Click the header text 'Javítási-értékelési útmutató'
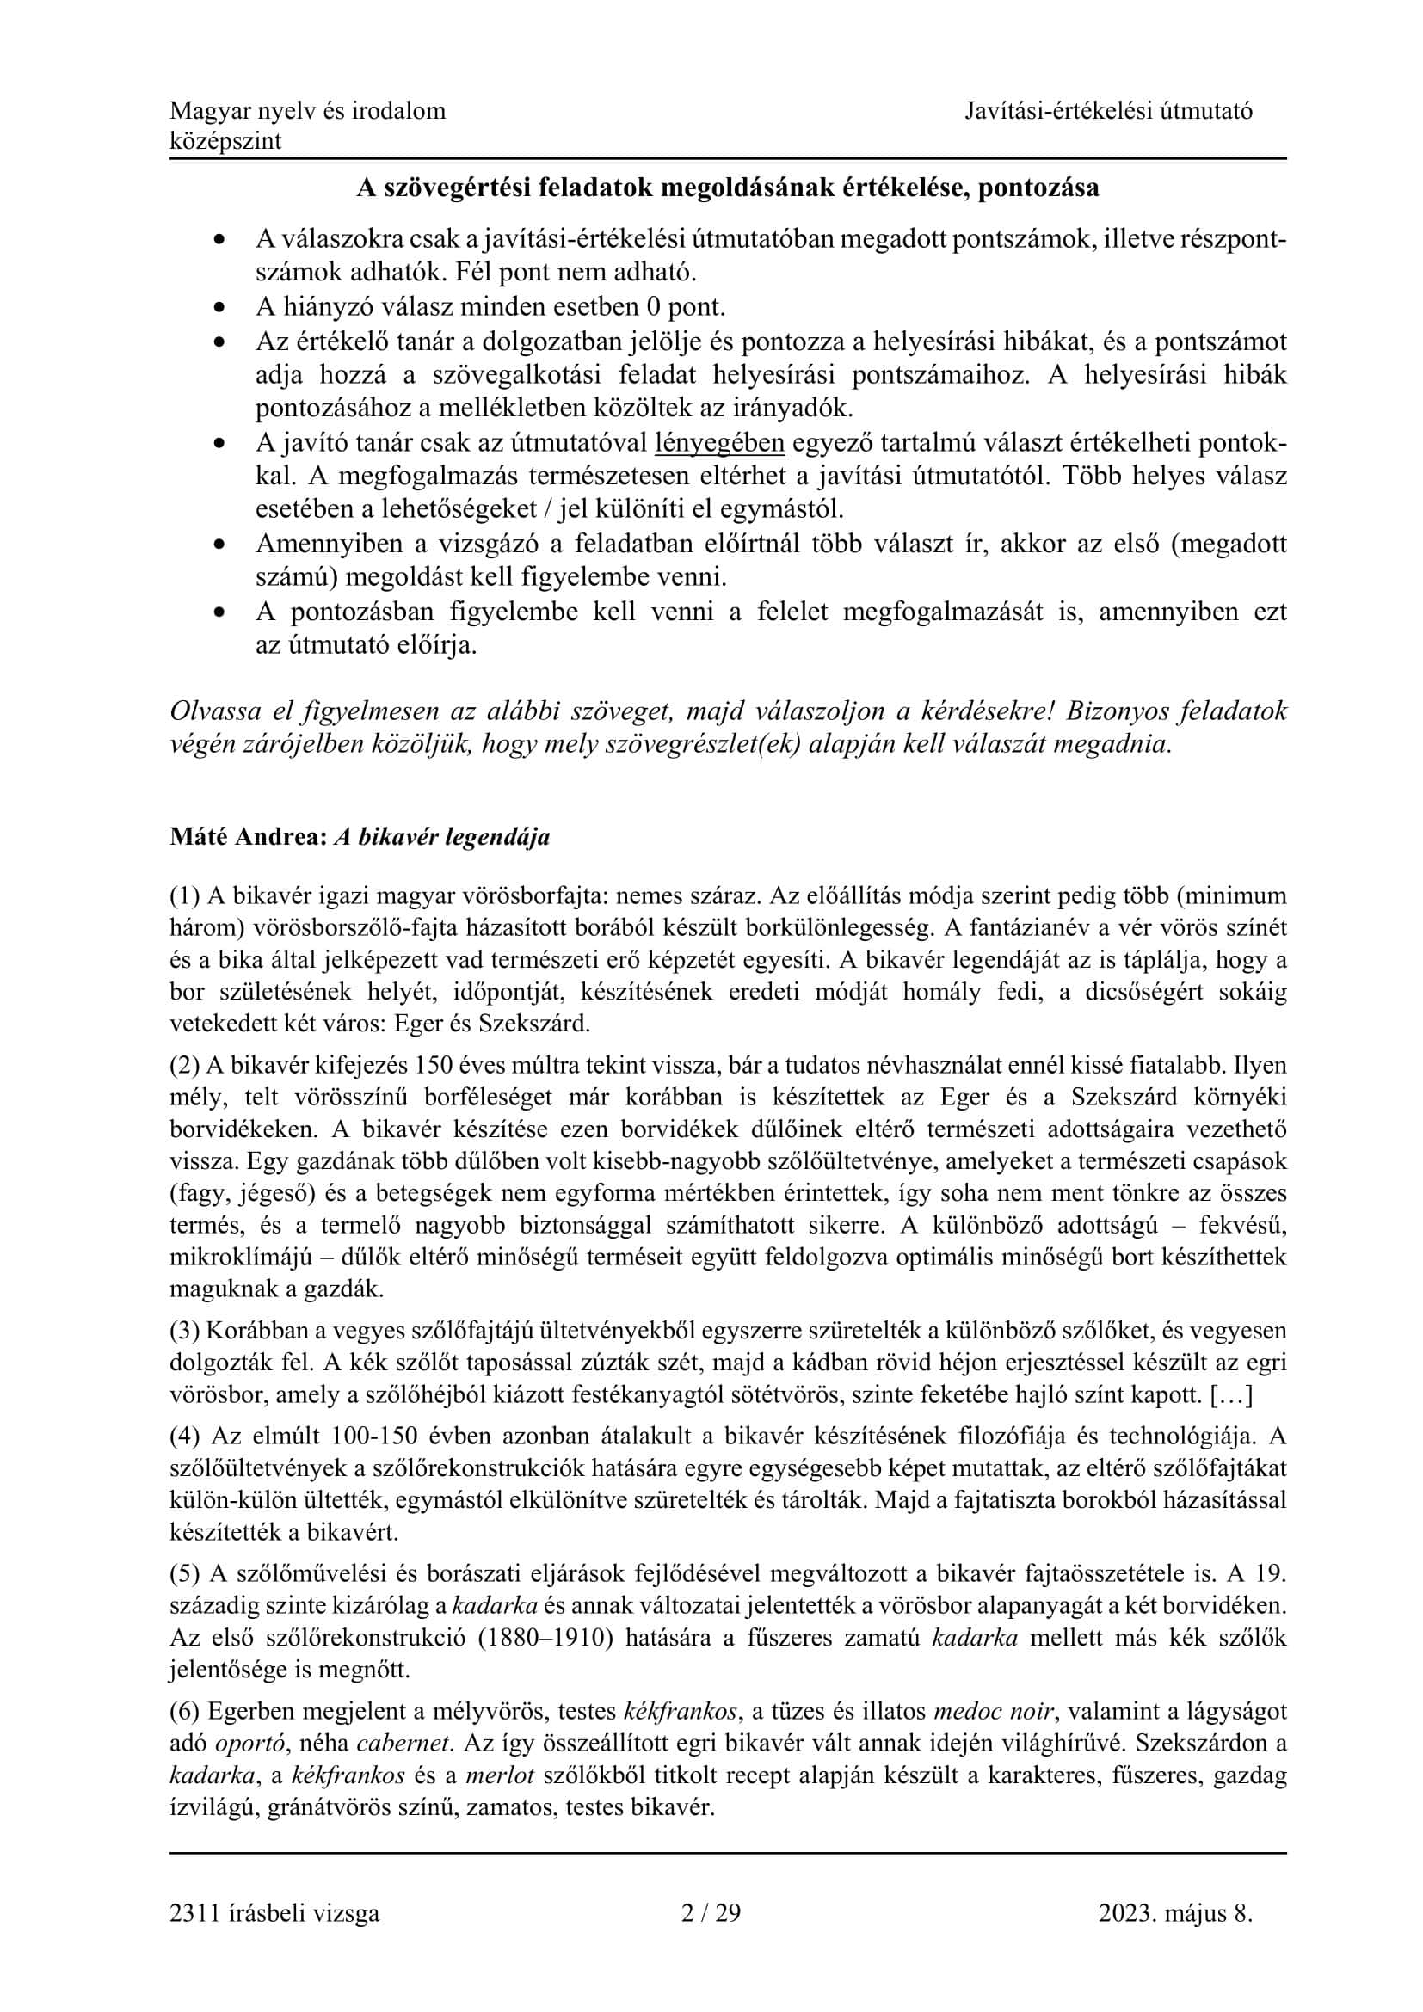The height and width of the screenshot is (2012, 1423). pyautogui.click(x=1108, y=110)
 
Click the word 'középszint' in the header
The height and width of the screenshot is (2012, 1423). pyautogui.click(x=225, y=141)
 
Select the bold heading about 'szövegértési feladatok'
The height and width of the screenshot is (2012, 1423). pyautogui.click(x=727, y=188)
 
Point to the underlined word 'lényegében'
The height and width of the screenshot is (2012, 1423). pyautogui.click(x=719, y=443)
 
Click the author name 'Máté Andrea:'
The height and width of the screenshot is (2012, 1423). pyautogui.click(x=248, y=837)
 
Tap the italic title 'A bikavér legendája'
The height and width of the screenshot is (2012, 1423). pyautogui.click(x=442, y=837)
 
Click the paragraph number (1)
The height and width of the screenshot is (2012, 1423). pyautogui.click(x=185, y=895)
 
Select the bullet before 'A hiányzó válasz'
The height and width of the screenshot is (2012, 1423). pyautogui.click(x=220, y=309)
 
